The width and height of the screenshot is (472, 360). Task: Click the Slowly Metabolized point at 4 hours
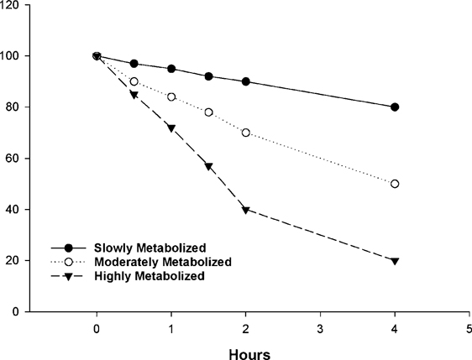tap(395, 107)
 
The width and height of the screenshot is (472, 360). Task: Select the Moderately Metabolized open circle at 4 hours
tap(395, 184)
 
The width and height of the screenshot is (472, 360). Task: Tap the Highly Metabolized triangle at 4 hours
tap(395, 261)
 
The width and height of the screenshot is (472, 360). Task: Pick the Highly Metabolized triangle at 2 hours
tap(245, 210)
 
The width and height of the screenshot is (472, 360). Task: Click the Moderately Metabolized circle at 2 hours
tap(245, 133)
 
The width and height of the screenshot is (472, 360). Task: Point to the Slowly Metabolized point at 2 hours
tap(245, 81)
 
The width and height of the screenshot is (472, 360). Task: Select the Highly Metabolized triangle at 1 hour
tap(171, 128)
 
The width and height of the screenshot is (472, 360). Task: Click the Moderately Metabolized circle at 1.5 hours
tap(208, 112)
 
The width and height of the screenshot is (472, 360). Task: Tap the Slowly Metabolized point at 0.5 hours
tap(134, 64)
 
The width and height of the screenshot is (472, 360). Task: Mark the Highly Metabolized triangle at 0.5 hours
tap(134, 95)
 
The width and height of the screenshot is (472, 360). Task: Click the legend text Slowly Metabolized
tap(138, 249)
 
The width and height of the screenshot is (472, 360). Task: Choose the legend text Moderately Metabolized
tap(148, 263)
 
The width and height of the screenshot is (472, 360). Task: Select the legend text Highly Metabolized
tap(138, 275)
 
